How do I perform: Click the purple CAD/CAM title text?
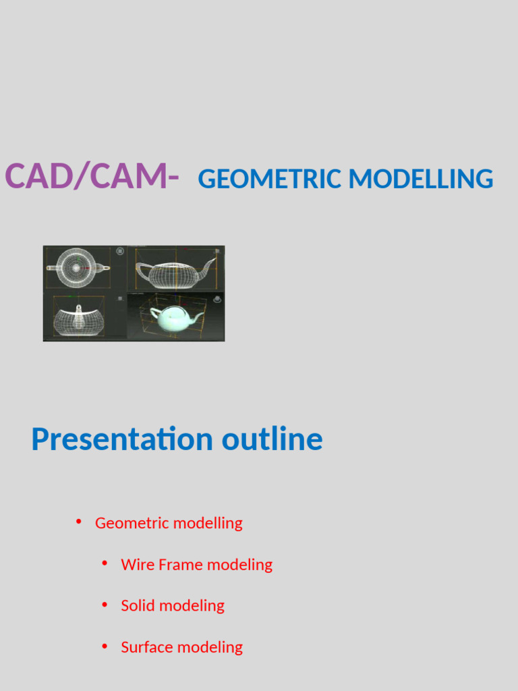click(x=92, y=177)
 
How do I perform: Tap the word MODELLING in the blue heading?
click(x=421, y=179)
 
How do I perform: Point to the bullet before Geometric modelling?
click(x=79, y=522)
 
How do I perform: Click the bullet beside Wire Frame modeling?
click(x=105, y=563)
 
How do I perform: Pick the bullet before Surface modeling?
click(x=105, y=646)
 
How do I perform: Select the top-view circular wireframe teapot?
click(x=76, y=267)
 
